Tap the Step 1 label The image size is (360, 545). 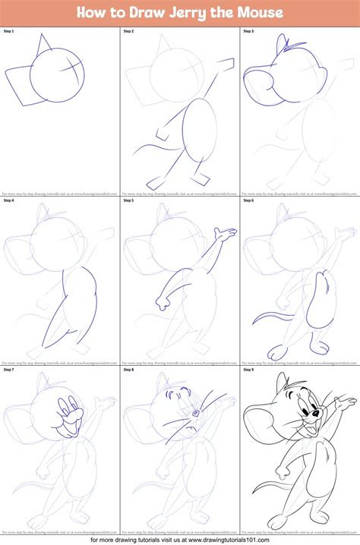point(10,32)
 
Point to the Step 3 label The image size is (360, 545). point(249,32)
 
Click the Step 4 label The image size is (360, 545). point(10,201)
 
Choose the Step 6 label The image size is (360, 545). point(249,201)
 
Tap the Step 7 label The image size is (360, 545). point(10,370)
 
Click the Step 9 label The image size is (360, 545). point(249,370)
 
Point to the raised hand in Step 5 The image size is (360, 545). point(223,233)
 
